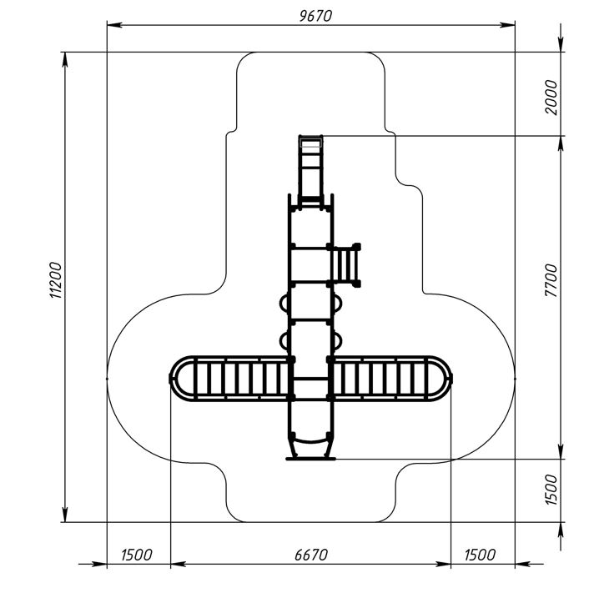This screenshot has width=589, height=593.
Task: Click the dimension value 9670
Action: point(315,16)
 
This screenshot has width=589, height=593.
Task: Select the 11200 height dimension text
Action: point(56,280)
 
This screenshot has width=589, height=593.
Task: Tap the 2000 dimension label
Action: point(551,98)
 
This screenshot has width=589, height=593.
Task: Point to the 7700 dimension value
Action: point(551,280)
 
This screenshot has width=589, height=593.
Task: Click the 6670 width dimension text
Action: point(311,555)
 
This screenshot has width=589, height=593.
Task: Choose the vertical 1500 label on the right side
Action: point(551,490)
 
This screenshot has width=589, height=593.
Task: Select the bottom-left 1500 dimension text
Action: point(137,555)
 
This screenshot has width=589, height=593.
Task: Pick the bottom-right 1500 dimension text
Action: point(480,555)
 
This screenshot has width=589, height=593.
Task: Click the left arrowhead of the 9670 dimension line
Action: point(114,25)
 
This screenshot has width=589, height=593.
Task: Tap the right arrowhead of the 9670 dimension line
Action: point(507,25)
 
